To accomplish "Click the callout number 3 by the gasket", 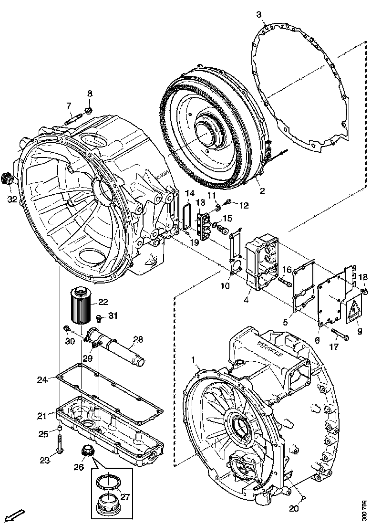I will [259, 15].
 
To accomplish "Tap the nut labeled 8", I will [89, 111].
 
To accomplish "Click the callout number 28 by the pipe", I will [138, 340].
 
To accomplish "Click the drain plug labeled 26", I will [88, 449].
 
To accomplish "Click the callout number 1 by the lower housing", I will [194, 358].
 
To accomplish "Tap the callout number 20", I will [294, 509].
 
